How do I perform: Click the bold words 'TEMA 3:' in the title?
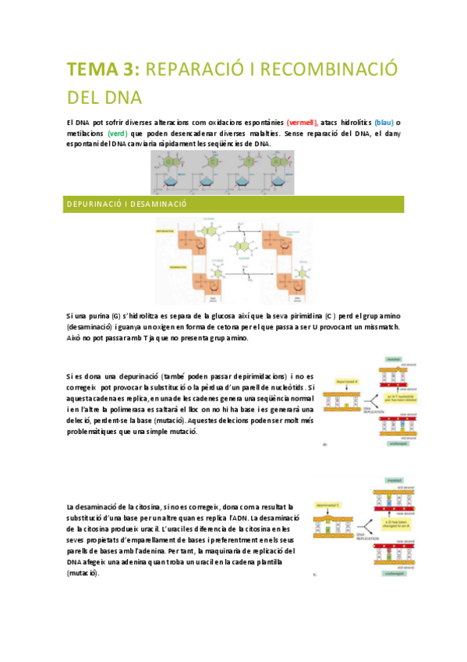click(103, 69)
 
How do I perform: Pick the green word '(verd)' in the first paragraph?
click(117, 133)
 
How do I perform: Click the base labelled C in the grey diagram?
click(211, 162)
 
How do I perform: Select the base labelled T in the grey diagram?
click(247, 162)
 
